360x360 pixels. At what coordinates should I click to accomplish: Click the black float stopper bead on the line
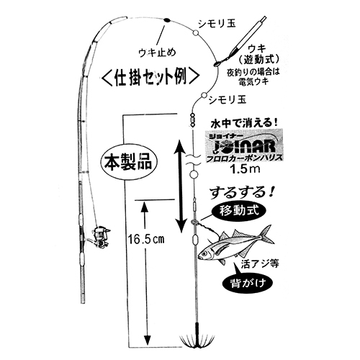coord(166,20)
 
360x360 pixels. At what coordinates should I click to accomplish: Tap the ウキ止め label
coord(158,53)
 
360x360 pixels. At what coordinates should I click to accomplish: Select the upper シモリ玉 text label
coord(217,24)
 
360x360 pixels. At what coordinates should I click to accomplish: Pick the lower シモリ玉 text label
coord(228,99)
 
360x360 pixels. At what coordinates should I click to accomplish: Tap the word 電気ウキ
coord(253,81)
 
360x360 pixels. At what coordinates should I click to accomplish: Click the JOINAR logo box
coord(245,145)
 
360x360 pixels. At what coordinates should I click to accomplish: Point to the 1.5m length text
coord(245,169)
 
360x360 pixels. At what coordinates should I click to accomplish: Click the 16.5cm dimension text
coord(146,239)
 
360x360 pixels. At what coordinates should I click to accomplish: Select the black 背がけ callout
coord(248,284)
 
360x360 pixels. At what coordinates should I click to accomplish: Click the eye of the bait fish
coord(204,253)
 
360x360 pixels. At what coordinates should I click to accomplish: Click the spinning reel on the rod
coord(99,237)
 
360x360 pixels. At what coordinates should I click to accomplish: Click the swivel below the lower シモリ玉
coord(192,120)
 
